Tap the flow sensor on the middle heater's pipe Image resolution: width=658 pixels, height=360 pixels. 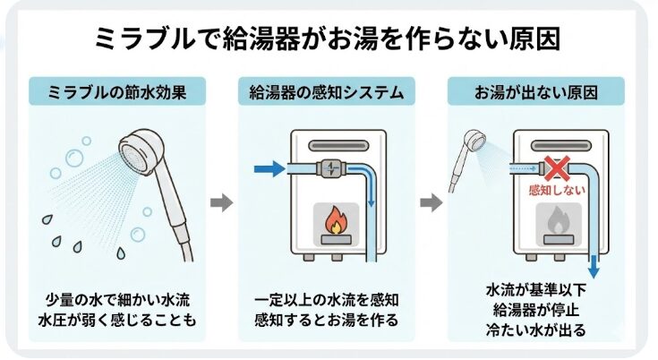[326, 166]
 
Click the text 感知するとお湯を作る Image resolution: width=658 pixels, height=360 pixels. [327, 320]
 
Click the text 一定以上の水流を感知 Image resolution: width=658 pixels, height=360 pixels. [327, 299]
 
